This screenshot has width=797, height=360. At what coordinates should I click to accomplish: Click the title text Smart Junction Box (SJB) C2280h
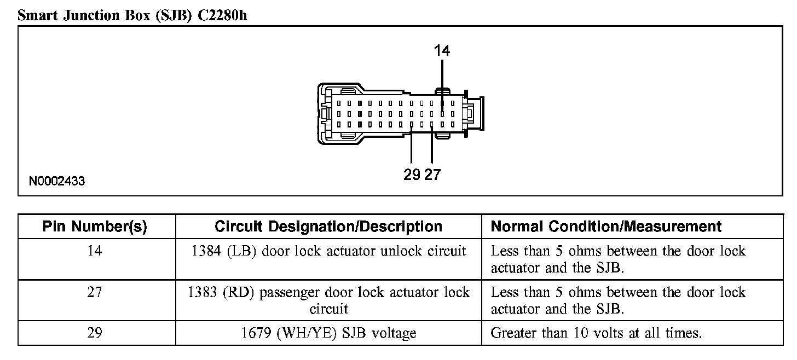tap(132, 15)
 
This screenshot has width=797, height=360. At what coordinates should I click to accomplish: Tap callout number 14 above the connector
tap(442, 50)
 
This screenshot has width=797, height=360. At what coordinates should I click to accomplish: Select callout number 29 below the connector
tap(412, 175)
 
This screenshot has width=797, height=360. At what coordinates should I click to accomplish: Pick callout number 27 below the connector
tap(432, 175)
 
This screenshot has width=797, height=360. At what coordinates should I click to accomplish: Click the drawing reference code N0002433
tap(57, 181)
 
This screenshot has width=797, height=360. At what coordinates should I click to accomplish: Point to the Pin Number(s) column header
tap(95, 227)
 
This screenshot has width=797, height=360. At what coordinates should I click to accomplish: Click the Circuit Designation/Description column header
tap(328, 227)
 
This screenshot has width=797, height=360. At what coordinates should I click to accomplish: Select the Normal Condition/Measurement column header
tap(606, 227)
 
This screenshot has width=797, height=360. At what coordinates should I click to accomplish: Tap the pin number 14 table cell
tap(95, 251)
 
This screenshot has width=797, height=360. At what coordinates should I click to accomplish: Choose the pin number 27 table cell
tap(95, 292)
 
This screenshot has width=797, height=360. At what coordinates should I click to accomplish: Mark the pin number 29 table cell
tap(95, 333)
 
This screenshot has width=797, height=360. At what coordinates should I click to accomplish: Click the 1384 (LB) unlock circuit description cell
tap(328, 251)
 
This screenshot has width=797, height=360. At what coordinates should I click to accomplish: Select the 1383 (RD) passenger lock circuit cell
tap(328, 300)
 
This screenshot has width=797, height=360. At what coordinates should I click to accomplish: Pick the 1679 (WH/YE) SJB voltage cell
tap(328, 333)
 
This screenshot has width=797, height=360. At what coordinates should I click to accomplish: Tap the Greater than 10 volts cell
tap(596, 333)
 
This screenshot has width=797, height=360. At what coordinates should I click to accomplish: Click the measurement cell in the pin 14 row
tap(618, 259)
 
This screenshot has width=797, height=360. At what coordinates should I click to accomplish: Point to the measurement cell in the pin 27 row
tap(618, 300)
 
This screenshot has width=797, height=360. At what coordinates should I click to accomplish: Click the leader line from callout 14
tap(442, 82)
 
